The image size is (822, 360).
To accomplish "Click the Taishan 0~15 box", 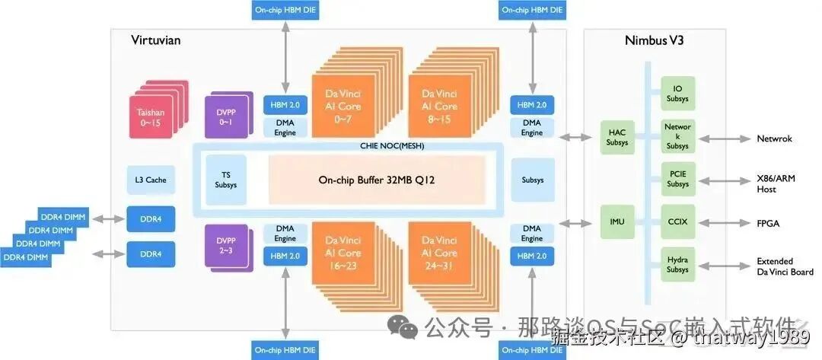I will pos(151,117).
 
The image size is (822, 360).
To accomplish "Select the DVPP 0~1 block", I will pos(225,116).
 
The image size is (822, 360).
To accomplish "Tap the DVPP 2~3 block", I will pos(225,246).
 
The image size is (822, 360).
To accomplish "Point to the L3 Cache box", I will pos(150,180).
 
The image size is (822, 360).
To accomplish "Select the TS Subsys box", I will pos(225,180).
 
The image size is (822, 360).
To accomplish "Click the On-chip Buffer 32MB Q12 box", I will pos(376,180).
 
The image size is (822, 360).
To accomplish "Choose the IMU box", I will pos(617,222).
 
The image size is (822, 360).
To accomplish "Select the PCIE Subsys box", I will pos(677,180).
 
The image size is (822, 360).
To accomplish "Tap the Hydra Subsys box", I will pos(677,264).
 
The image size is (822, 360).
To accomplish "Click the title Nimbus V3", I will pos(654,40).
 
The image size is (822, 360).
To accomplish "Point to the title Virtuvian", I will pos(155,40).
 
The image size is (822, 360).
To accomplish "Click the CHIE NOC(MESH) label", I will pos(391,145).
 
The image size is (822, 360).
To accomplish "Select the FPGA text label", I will pos(768,224).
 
